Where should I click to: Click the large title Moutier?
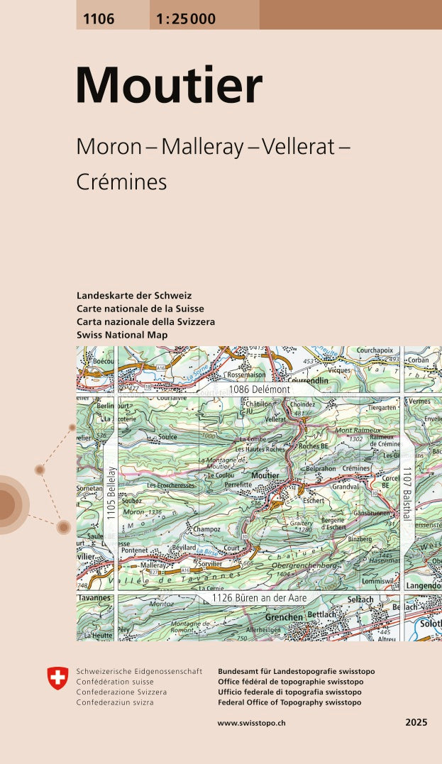[169, 87]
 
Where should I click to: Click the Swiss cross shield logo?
[57, 678]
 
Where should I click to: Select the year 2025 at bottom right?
[416, 722]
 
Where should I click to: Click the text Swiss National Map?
[122, 335]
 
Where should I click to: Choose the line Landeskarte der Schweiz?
[134, 296]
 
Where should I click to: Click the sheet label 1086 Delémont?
[259, 389]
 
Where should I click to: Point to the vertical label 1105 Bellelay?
[111, 493]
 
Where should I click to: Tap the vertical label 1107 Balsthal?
[407, 493]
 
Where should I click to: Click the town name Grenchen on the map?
[284, 617]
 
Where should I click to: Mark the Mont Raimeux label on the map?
[357, 430]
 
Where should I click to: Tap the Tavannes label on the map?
[94, 598]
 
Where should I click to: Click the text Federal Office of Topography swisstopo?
[289, 702]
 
